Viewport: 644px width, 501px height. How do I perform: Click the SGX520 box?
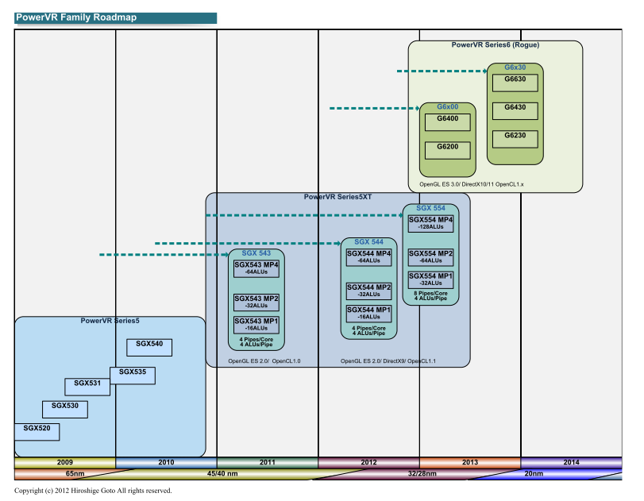(x=37, y=432)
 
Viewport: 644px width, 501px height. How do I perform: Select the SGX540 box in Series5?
(x=149, y=348)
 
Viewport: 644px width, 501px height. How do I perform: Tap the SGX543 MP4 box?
(x=256, y=268)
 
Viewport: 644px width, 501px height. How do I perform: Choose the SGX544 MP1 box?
(x=368, y=314)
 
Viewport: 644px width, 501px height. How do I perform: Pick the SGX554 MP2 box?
(x=431, y=257)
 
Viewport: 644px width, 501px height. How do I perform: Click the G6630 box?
(x=515, y=83)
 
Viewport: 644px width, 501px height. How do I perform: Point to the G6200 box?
(x=448, y=150)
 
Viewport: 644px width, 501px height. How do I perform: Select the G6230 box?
(x=515, y=139)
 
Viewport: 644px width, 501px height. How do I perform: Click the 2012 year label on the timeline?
(x=368, y=462)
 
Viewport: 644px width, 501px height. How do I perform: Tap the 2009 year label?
(x=65, y=462)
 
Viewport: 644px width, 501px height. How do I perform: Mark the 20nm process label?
(x=534, y=473)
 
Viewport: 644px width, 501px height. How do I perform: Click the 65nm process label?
(x=75, y=473)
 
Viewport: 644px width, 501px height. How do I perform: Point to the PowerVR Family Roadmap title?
(x=76, y=17)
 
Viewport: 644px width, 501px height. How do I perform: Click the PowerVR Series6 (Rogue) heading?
(x=496, y=44)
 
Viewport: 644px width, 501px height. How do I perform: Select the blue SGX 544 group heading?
(x=368, y=242)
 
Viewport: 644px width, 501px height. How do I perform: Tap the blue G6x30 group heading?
(x=515, y=67)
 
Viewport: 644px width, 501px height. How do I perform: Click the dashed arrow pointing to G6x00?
(x=375, y=109)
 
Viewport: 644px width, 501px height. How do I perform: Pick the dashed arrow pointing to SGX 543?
(x=164, y=255)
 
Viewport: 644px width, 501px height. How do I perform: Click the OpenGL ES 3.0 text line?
(x=472, y=184)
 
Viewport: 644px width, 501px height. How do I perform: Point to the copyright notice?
(x=93, y=491)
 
